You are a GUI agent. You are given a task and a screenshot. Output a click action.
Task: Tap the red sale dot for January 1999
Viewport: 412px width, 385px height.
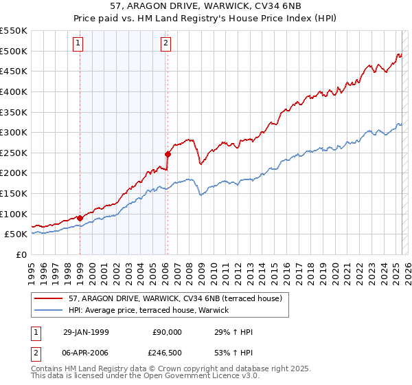[x=80, y=218]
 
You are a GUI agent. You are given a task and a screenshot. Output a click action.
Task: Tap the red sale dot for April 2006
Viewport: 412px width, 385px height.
[x=168, y=154]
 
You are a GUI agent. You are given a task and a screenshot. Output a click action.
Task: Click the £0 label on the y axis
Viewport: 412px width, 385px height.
[x=22, y=254]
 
